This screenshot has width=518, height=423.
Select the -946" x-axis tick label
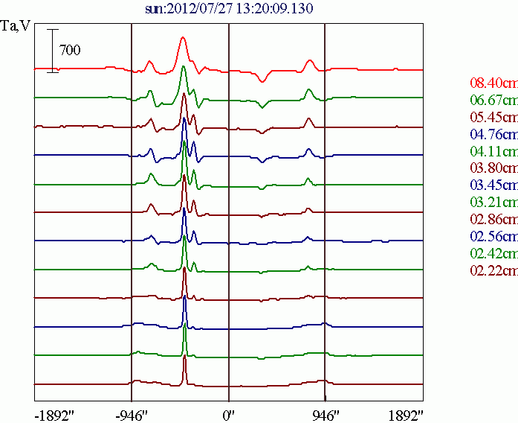point(134,415)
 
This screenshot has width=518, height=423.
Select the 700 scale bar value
point(70,51)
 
